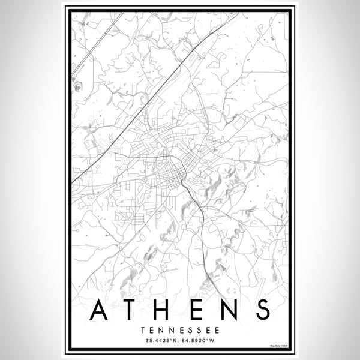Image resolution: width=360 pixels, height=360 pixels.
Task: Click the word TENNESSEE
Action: pos(180,330)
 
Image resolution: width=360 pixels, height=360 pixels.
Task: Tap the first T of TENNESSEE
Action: pos(145,330)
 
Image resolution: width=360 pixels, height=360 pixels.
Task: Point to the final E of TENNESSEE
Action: pos(215,330)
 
